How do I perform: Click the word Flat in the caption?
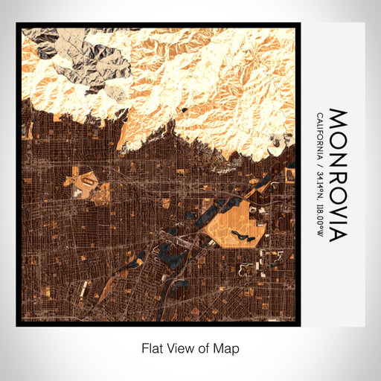152,348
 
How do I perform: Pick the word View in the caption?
179,348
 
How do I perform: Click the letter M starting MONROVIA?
337,117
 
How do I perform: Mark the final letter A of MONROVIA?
337,234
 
